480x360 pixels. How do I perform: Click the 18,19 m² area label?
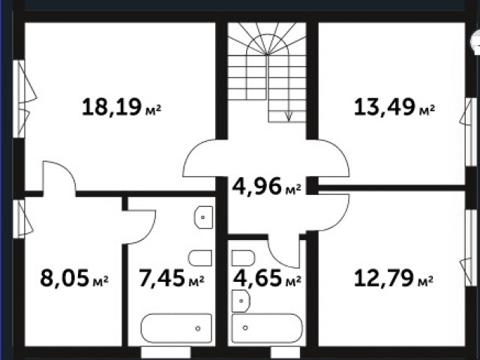click(121, 106)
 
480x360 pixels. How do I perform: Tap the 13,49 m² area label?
click(394, 106)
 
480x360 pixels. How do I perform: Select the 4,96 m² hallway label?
click(267, 186)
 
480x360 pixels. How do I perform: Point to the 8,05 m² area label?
click(74, 278)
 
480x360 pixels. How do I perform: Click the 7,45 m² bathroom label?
click(172, 278)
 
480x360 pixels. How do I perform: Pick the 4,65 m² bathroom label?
click(267, 278)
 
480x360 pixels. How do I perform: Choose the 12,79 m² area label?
click(393, 278)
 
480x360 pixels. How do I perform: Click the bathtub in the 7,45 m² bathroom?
click(176, 328)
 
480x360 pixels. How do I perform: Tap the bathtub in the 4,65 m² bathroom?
click(267, 328)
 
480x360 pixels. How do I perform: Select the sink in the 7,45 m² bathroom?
click(203, 217)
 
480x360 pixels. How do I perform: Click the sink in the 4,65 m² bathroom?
click(241, 301)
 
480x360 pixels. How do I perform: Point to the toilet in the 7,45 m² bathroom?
click(200, 258)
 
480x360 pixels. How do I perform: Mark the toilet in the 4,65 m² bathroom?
click(243, 258)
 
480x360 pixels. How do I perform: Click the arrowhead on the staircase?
click(288, 117)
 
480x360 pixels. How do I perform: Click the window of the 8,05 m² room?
click(19, 219)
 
